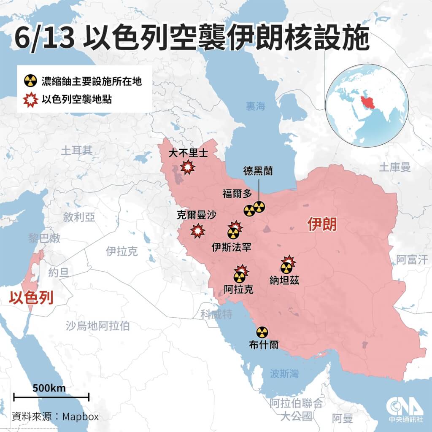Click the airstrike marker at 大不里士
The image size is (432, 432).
(x=187, y=168)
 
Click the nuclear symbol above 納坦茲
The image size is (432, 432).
(x=286, y=267)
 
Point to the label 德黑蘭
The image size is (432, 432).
(x=258, y=171)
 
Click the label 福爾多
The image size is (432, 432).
(x=236, y=194)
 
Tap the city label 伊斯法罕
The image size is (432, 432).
(x=232, y=246)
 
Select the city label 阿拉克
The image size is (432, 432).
(x=238, y=289)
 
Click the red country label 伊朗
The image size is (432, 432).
(x=323, y=224)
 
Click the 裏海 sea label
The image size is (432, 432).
(x=256, y=107)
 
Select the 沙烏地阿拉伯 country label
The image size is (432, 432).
(x=98, y=325)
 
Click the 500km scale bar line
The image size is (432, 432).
(x=51, y=397)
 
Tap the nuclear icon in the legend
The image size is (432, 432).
(x=29, y=80)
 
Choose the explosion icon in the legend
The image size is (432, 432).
(x=29, y=100)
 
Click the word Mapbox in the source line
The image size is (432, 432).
(x=81, y=416)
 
